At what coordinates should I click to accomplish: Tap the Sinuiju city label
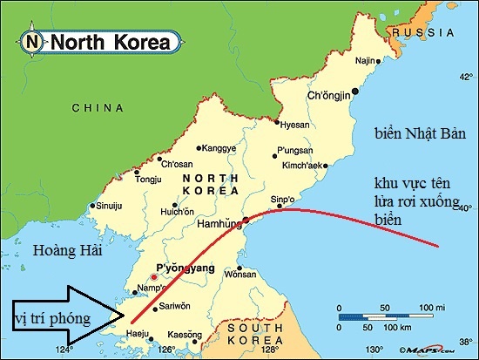pos(107,207)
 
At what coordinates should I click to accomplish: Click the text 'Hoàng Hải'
pos(67,251)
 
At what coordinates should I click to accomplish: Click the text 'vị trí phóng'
pos(52,319)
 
